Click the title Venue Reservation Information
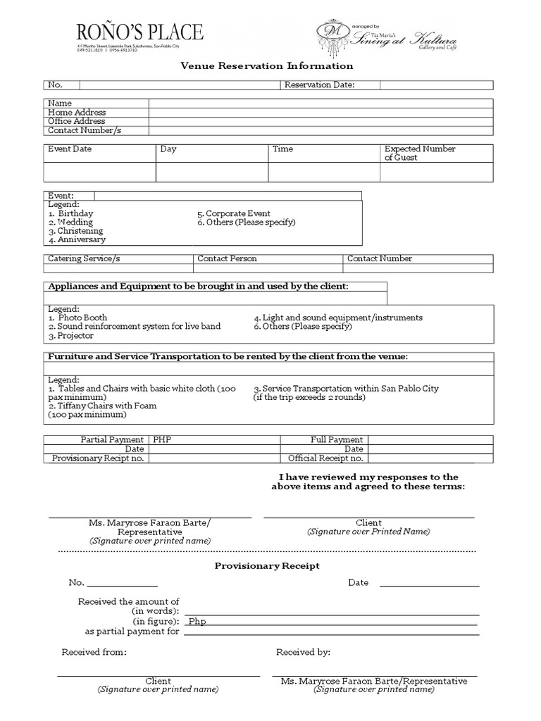(267, 66)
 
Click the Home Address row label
(77, 112)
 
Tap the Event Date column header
(70, 149)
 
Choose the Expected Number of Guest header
(420, 153)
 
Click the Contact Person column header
(228, 258)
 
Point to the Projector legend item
(71, 336)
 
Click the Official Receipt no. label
(325, 458)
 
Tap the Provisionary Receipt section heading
(267, 565)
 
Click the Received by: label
(303, 652)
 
